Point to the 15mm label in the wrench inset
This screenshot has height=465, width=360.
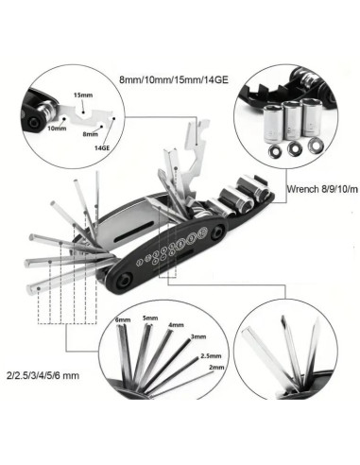83,95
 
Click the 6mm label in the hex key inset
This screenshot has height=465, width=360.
123,321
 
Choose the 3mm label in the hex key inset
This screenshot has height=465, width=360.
197,336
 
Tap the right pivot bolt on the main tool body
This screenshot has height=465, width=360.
218,230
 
